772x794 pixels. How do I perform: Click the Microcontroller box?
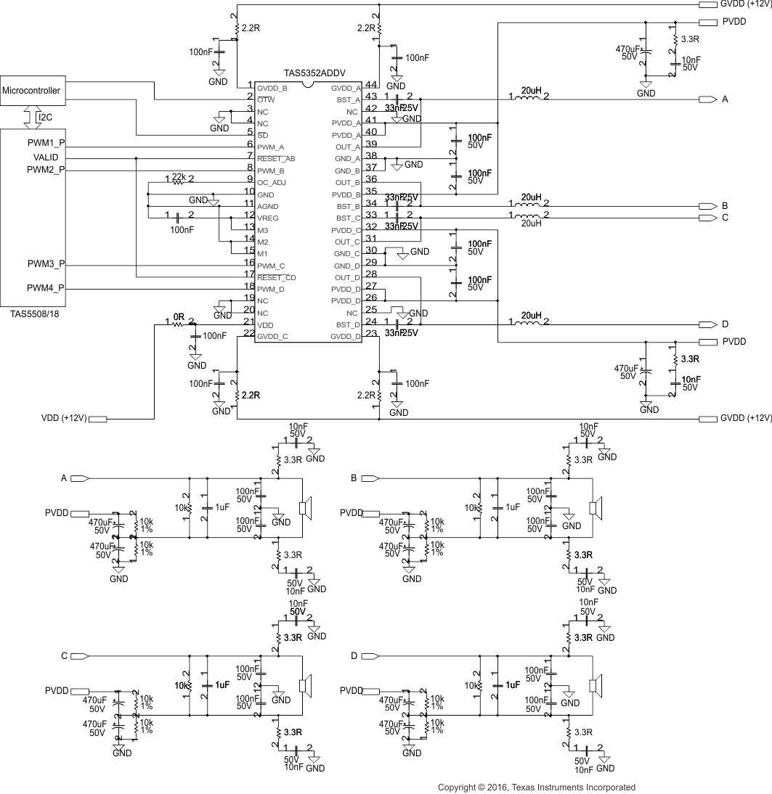click(x=32, y=91)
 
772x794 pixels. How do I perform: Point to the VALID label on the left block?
click(x=46, y=157)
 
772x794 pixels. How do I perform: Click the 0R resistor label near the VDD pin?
click(x=179, y=318)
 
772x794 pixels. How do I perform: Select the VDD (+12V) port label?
click(x=64, y=419)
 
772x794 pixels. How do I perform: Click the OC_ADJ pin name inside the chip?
click(x=272, y=182)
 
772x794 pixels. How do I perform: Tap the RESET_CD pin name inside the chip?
click(x=276, y=277)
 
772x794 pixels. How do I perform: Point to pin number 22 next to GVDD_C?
click(x=249, y=333)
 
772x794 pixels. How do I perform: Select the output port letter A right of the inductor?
click(x=725, y=99)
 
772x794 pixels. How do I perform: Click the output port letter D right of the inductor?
click(x=725, y=324)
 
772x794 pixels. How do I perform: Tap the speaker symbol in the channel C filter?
click(x=306, y=686)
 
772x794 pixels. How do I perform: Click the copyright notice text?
click(x=536, y=787)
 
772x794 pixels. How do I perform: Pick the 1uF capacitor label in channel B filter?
click(x=513, y=507)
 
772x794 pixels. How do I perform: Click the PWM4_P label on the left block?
click(x=46, y=288)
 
